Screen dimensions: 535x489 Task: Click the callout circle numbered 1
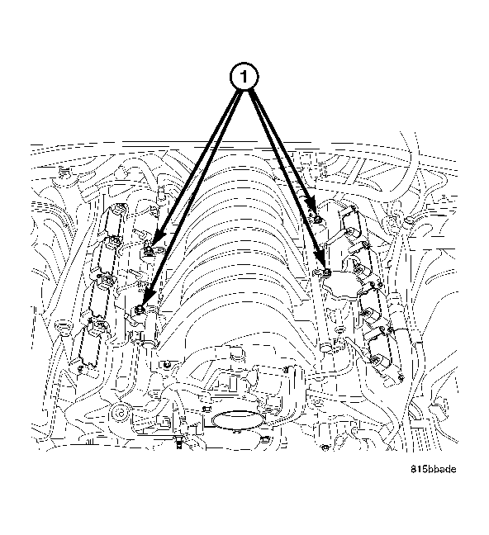pos(243,78)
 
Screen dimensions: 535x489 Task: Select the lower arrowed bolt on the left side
pos(140,309)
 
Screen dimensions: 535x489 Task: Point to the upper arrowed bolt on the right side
pos(316,219)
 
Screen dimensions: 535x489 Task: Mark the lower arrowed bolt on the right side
pos(327,272)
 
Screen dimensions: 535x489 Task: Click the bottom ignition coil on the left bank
pos(91,341)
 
